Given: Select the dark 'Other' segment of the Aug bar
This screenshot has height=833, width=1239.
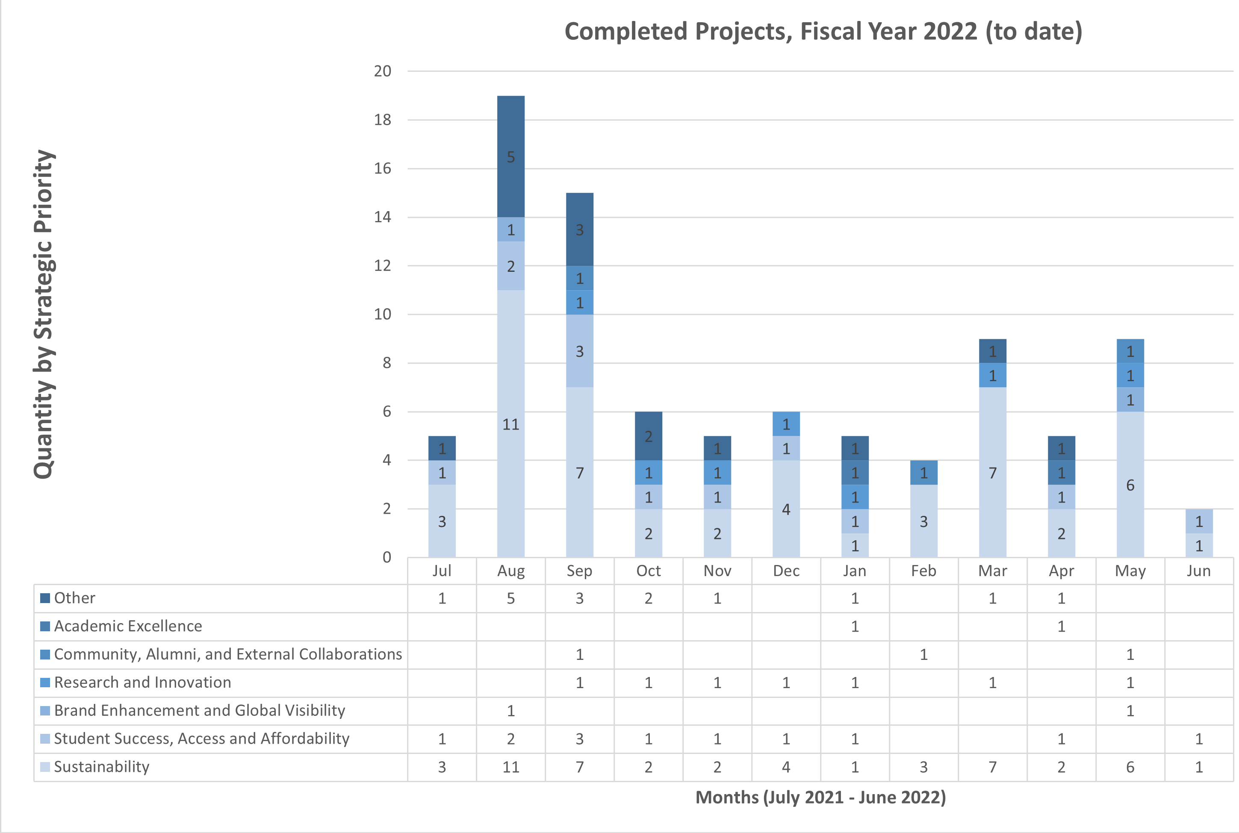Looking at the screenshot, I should [510, 157].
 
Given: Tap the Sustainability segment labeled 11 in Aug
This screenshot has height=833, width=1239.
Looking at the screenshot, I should [510, 424].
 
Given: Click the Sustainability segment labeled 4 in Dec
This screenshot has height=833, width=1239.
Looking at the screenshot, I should [786, 509].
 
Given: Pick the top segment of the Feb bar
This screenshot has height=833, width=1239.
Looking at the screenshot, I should [923, 472].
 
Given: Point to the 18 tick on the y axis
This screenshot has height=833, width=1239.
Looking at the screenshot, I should [383, 120].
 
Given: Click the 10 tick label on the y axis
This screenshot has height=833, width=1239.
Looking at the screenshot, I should [383, 315].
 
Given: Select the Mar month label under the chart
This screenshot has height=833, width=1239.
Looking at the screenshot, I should [992, 571].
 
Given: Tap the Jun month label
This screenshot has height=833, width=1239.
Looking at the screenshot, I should [1199, 571].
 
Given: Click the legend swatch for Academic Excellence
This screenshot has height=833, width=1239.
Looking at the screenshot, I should [45, 626].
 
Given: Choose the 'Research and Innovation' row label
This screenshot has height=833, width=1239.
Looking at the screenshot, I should [142, 682].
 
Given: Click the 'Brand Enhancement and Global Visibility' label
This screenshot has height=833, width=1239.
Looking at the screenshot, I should [199, 710].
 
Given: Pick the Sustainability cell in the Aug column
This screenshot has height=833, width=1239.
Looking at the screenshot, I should [510, 767].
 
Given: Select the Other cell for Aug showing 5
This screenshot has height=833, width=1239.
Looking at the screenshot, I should [510, 599].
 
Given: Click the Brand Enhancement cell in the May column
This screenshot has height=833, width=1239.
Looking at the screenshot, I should [1130, 711].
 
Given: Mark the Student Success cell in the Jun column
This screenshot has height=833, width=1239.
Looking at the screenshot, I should [1199, 739].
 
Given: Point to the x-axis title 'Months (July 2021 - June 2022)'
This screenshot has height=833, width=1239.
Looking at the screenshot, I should [820, 798].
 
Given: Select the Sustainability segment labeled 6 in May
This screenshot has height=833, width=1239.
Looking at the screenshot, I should [1130, 485].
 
